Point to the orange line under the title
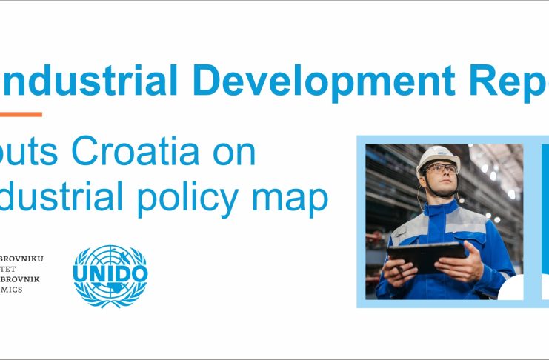[x=20, y=114]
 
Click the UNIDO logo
[x=110, y=275]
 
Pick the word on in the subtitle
[x=233, y=153]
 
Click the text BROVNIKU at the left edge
[x=22, y=259]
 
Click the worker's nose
[x=442, y=175]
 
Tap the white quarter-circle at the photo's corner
[x=511, y=288]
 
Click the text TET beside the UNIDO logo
[x=12, y=269]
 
